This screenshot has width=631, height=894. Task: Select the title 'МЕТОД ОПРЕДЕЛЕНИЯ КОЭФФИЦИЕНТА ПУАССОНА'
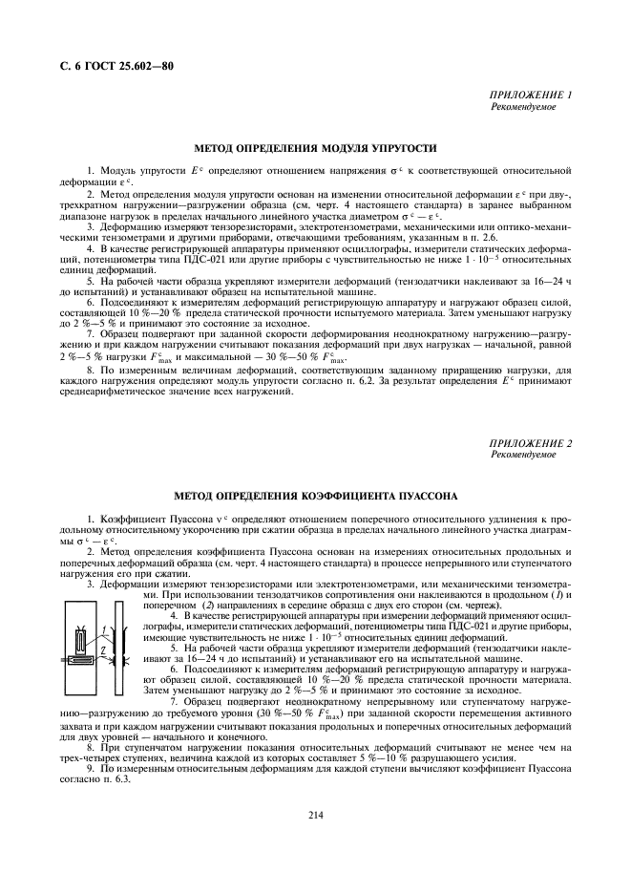pyautogui.click(x=315, y=496)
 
